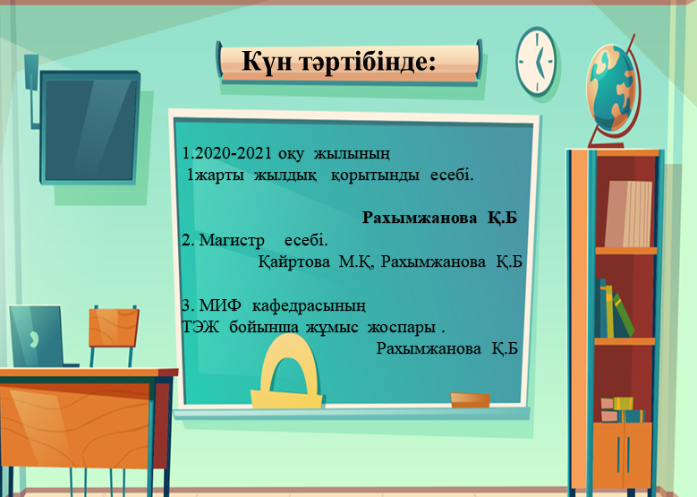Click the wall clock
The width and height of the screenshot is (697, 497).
pyautogui.click(x=536, y=61)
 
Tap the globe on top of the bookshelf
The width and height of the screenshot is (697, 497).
pyautogui.click(x=613, y=89)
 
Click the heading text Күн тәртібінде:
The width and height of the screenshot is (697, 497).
pyautogui.click(x=338, y=62)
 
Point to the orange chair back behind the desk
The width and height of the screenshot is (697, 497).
pyautogui.click(x=114, y=328)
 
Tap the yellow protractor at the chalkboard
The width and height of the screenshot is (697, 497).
pyautogui.click(x=286, y=372)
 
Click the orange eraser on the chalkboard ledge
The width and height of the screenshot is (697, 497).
pyautogui.click(x=470, y=399)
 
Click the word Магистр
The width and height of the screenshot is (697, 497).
pyautogui.click(x=232, y=241)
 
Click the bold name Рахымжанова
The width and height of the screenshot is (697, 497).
pyautogui.click(x=419, y=218)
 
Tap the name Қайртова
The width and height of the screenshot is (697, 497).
pyautogui.click(x=293, y=261)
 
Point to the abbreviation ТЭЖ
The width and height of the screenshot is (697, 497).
pyautogui.click(x=200, y=328)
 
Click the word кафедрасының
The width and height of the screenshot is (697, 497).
pyautogui.click(x=309, y=306)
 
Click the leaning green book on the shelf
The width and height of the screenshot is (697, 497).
pyautogui.click(x=623, y=315)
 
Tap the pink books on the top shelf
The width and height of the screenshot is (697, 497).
pyautogui.click(x=627, y=213)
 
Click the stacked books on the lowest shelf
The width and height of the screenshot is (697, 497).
pyautogui.click(x=623, y=410)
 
